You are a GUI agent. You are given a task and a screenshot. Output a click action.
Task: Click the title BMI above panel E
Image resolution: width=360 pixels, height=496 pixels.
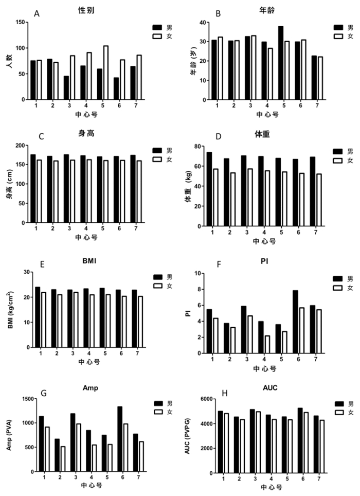tap(89, 261)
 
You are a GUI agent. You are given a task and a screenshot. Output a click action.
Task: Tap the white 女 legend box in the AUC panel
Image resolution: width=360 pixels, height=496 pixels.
tap(339, 413)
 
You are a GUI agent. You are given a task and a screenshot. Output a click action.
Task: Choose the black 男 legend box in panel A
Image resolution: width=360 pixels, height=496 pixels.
tap(157, 27)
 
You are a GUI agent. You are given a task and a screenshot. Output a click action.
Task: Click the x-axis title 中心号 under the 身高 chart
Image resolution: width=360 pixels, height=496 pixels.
tap(86, 237)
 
